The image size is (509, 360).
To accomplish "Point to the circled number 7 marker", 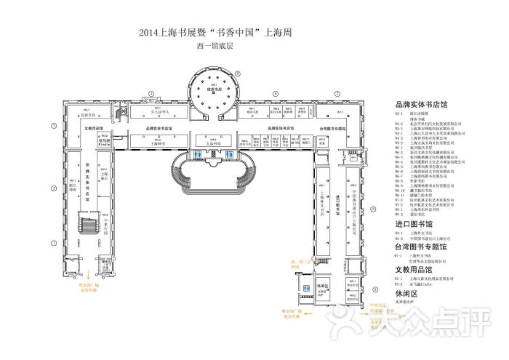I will point(337,93).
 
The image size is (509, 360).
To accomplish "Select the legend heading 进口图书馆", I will point(413,225).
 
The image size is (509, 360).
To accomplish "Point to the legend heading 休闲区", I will point(405,293).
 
